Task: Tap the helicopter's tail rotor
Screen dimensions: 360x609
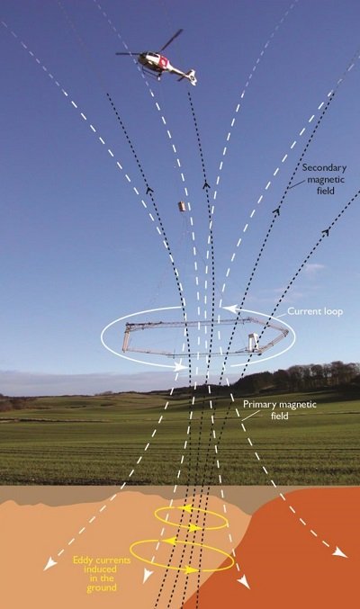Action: coord(192,77)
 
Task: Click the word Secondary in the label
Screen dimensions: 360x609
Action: coord(324,168)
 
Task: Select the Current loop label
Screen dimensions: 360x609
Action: coord(315,311)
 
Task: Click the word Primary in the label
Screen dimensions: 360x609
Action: coord(260,404)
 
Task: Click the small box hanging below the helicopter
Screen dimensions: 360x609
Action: coord(182,206)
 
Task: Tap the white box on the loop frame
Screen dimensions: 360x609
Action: coord(254,341)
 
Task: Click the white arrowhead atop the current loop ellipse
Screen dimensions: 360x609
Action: coord(229,309)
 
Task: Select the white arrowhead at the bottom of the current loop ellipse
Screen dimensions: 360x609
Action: coord(181,366)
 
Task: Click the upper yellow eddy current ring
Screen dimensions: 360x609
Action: coord(191,518)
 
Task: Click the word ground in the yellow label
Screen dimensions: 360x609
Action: coord(102,588)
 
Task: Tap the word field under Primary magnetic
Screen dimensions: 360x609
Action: coord(280,416)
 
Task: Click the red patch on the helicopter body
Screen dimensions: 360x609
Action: coord(164,60)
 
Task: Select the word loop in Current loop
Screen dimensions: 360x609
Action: coord(334,312)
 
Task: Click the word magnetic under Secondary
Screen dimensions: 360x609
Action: coord(326,179)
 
